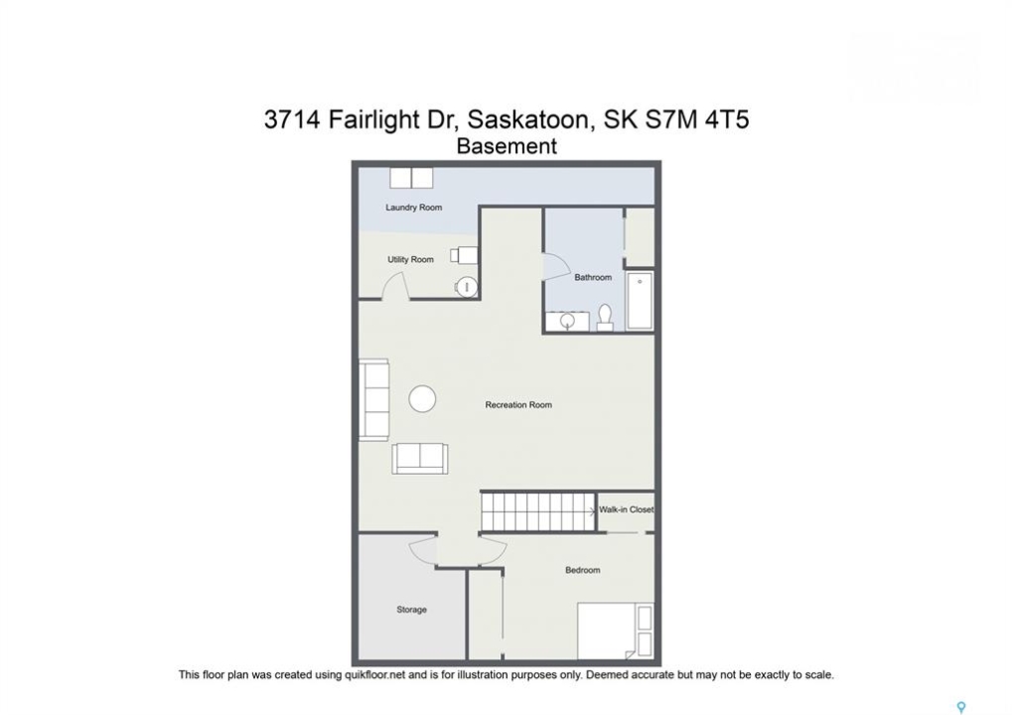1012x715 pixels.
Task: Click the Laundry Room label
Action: point(414,208)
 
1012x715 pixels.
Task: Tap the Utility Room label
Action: point(410,259)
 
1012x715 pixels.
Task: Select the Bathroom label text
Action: point(593,277)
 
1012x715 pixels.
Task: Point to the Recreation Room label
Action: point(518,404)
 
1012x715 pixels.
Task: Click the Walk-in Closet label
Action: point(626,509)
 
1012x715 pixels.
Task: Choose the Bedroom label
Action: point(583,570)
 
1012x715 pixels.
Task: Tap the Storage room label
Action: point(412,609)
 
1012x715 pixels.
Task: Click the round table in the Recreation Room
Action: point(422,399)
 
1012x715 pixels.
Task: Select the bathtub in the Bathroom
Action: point(640,301)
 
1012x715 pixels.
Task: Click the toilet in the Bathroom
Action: point(605,317)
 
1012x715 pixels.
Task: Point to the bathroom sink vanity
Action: point(567,321)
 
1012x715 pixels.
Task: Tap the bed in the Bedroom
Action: point(615,632)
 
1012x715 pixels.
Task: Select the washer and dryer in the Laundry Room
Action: point(411,178)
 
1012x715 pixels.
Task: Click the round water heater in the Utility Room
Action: point(467,287)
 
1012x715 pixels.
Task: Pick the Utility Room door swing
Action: point(395,286)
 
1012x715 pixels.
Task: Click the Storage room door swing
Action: point(424,549)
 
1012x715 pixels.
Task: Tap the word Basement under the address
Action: point(506,146)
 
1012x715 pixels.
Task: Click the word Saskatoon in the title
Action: point(528,119)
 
